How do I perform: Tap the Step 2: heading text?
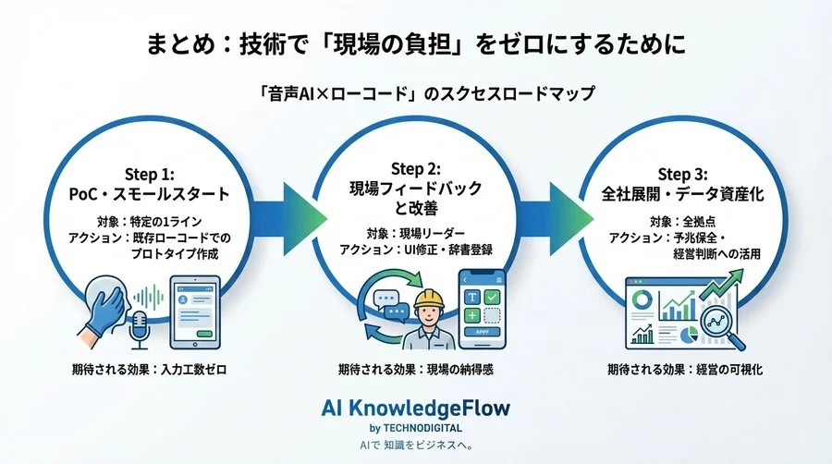pos(415,168)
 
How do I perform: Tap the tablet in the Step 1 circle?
pos(195,310)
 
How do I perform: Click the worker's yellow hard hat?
pos(429,299)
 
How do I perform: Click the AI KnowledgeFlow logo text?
pos(415,408)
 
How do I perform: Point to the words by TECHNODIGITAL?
pos(415,428)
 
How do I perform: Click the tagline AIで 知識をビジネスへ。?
pos(415,446)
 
